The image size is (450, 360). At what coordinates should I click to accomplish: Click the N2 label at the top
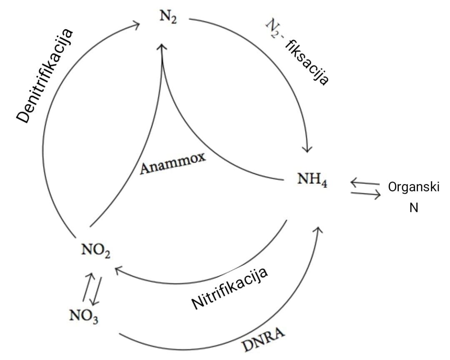168,19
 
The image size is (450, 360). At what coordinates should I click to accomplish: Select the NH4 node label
312,180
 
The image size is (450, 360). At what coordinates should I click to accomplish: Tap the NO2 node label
96,251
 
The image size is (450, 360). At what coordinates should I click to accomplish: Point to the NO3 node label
84,317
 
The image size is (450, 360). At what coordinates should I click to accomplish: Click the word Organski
413,187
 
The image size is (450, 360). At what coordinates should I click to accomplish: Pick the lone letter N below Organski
413,207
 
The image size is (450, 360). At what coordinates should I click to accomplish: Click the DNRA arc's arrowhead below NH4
319,230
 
